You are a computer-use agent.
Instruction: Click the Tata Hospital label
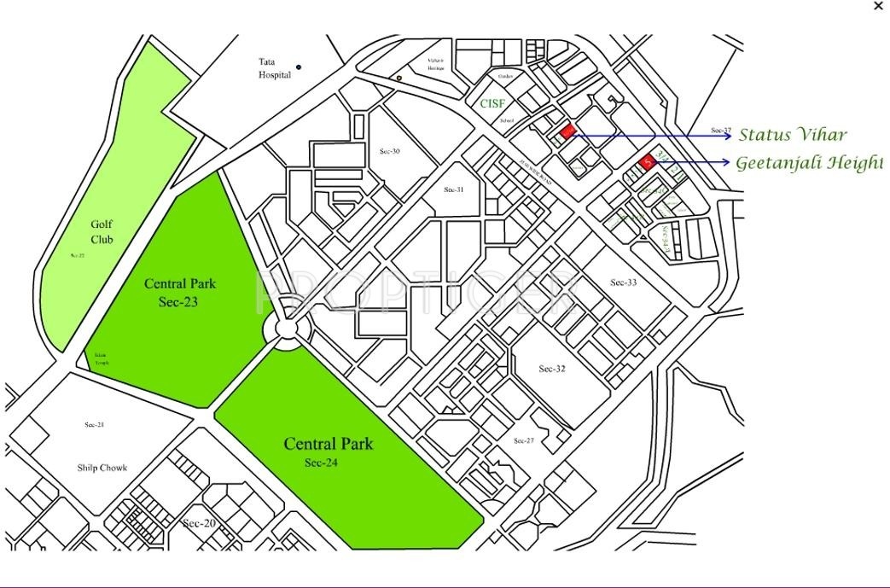click(275, 68)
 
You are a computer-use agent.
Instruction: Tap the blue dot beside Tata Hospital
click(299, 67)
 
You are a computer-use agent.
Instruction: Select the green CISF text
click(492, 103)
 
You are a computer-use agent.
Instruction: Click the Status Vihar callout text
click(792, 135)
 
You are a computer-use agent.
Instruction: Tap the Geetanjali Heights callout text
click(808, 162)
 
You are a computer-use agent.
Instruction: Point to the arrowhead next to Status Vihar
click(727, 135)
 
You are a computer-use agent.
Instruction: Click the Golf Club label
click(102, 232)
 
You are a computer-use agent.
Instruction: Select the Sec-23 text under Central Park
click(178, 301)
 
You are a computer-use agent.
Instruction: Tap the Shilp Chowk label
click(102, 468)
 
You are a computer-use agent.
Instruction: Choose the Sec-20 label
click(199, 522)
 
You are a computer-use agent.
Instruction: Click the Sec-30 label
click(389, 151)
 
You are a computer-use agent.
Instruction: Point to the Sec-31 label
click(453, 189)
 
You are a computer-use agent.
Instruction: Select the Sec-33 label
click(624, 282)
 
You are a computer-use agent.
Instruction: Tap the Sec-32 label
click(552, 369)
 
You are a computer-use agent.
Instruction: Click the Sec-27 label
click(524, 440)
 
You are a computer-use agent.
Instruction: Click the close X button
click(878, 6)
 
